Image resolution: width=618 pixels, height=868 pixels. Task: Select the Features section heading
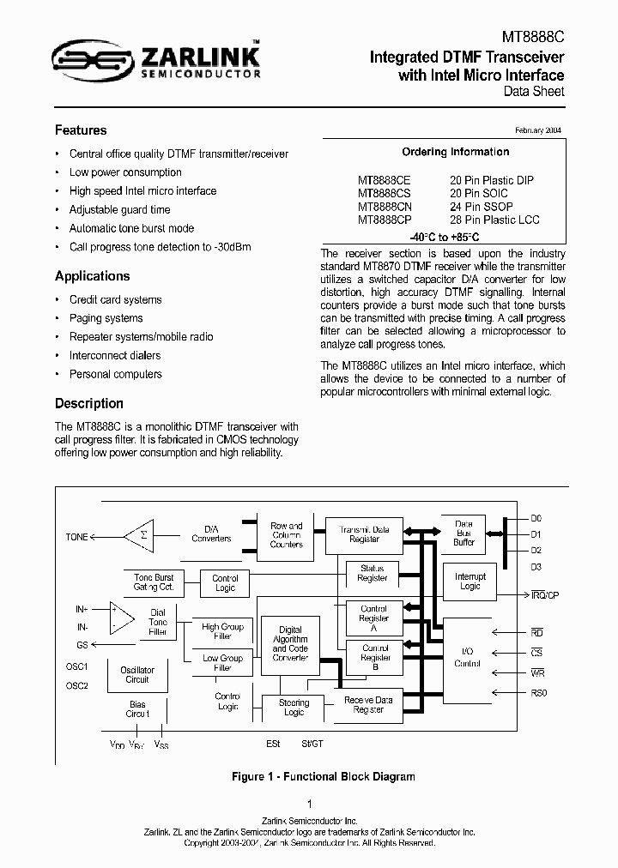click(81, 130)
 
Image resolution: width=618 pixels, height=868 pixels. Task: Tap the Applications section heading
click(92, 276)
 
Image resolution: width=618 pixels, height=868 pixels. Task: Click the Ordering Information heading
click(456, 152)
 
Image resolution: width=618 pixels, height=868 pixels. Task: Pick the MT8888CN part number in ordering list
click(384, 207)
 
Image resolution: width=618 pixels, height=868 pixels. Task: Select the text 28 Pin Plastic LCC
click(494, 220)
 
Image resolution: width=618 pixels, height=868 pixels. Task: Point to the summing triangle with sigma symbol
click(138, 536)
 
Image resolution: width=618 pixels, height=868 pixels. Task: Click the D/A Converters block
click(211, 533)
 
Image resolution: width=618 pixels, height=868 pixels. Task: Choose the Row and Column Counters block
click(286, 534)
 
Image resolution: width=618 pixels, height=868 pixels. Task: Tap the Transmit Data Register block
click(364, 534)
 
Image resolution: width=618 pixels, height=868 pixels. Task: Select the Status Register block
click(373, 573)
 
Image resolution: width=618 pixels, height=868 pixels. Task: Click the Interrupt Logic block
click(470, 582)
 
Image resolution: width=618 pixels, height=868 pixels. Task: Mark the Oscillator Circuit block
click(137, 675)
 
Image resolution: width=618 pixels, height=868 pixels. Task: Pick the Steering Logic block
click(294, 708)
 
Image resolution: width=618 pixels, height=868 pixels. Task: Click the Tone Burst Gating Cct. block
click(154, 582)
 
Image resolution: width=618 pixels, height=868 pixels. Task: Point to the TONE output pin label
click(77, 537)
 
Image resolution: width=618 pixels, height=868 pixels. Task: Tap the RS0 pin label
click(538, 692)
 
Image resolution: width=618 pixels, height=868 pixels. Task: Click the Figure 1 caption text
click(324, 777)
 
